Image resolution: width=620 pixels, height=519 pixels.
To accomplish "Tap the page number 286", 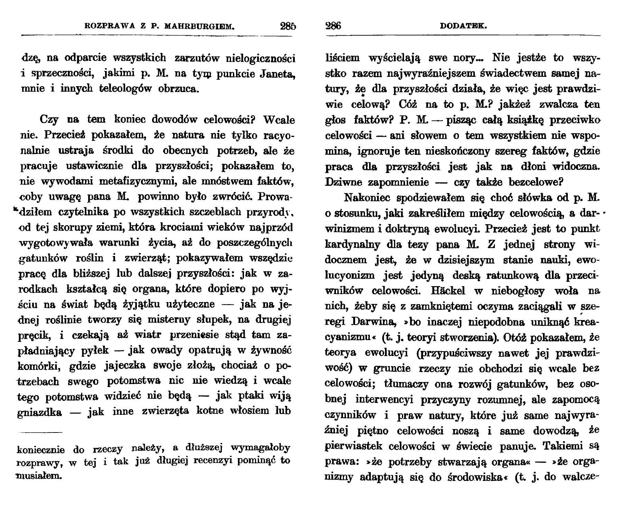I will click(333, 26).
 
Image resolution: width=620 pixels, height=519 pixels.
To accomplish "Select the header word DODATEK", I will click(463, 26).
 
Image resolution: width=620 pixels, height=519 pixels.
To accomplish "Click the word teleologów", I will click(126, 89).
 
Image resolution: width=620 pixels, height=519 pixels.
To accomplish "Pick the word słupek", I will click(217, 320).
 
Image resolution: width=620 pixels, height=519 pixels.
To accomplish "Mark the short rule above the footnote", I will click(41, 432).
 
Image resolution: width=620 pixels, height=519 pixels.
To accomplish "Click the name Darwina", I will click(373, 322).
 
